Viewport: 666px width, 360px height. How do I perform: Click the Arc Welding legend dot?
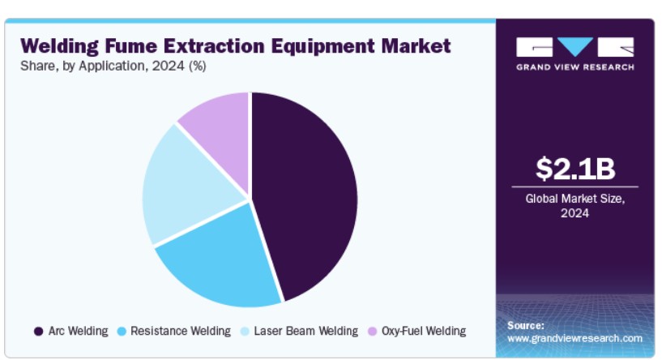point(39,332)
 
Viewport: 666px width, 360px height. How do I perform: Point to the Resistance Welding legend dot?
point(122,332)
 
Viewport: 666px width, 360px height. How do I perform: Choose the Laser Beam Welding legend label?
point(305,331)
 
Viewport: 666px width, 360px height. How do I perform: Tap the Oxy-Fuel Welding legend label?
point(424,331)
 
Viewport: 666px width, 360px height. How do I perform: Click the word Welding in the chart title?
point(59,46)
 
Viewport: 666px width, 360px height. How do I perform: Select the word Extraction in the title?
point(214,45)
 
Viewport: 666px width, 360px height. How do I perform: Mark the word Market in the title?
point(416,45)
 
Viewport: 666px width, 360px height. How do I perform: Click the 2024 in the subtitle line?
point(169,66)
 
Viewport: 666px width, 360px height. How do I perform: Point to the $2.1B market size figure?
point(575,169)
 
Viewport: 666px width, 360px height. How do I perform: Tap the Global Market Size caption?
point(574,206)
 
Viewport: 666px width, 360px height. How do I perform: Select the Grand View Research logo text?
point(575,67)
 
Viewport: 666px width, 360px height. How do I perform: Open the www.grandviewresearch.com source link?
point(574,338)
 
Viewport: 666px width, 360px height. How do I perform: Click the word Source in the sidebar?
point(525,326)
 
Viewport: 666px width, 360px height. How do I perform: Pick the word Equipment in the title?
point(322,46)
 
